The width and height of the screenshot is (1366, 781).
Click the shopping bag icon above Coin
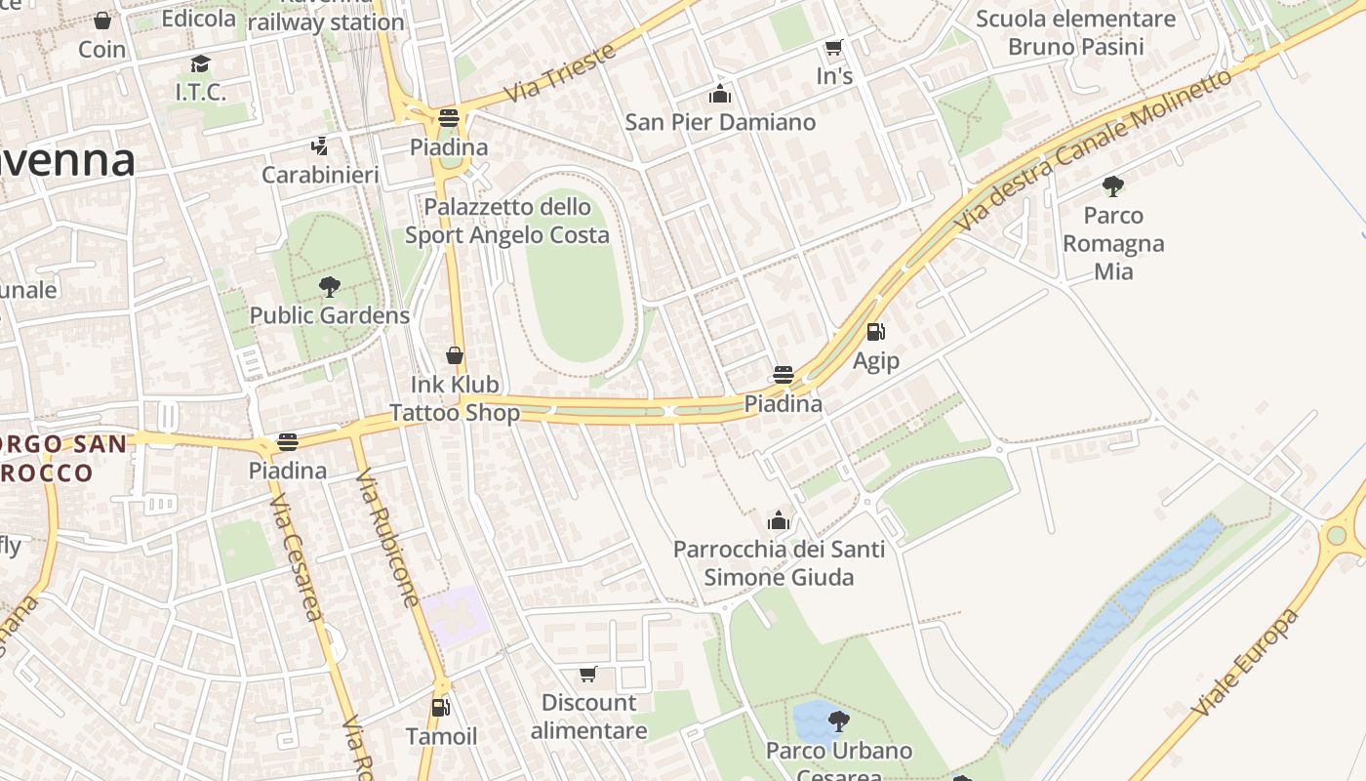tap(102, 21)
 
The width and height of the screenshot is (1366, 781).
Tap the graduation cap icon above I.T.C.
tap(200, 64)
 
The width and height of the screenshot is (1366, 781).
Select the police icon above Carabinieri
tap(319, 147)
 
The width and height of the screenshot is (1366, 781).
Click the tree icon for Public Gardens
tap(330, 287)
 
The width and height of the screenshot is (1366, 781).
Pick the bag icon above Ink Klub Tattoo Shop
tap(455, 355)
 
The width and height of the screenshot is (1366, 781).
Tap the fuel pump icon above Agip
tap(875, 333)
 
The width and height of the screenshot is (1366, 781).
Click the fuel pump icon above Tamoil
tap(441, 708)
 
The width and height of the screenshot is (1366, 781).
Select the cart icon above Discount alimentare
tap(588, 675)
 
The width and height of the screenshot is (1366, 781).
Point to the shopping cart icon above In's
tap(833, 48)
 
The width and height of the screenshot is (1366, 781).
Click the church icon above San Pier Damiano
tap(720, 95)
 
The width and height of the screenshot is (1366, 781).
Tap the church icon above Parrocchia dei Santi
tap(779, 520)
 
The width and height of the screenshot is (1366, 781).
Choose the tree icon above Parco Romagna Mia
tap(1112, 186)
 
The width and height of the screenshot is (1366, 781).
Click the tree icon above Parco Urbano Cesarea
tap(838, 722)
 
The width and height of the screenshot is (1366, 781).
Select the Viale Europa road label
tap(1248, 662)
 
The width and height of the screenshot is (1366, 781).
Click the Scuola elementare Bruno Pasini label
tap(1076, 32)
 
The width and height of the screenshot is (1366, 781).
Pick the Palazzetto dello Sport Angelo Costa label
tap(507, 221)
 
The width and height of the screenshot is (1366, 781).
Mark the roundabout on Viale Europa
tap(1337, 535)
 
